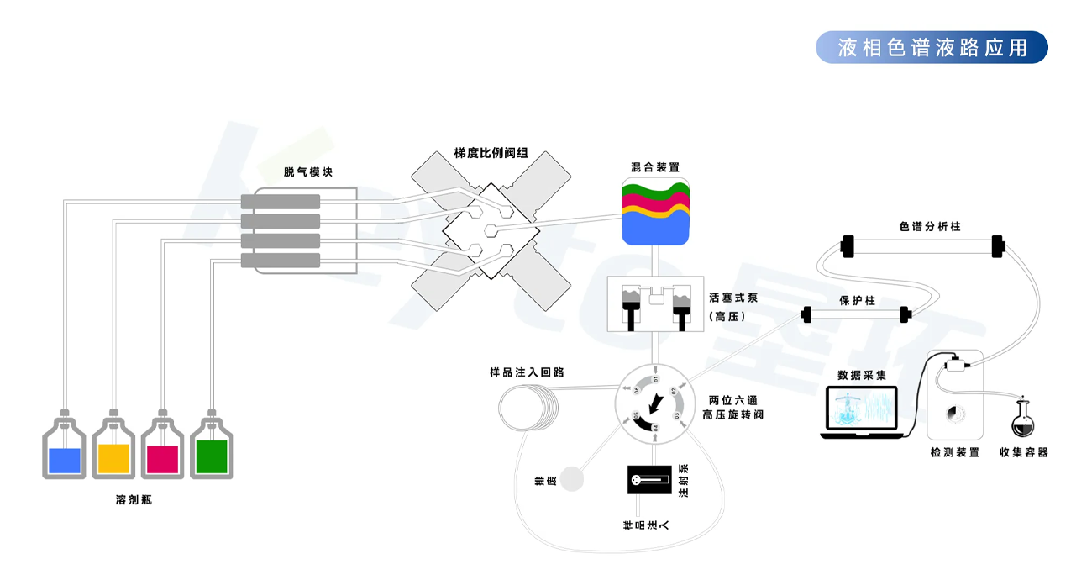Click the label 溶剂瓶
pyautogui.click(x=134, y=500)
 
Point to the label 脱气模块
pyautogui.click(x=308, y=171)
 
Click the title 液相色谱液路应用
pyautogui.click(x=932, y=47)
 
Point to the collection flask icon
pyautogui.click(x=1023, y=418)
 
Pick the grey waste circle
pyautogui.click(x=573, y=478)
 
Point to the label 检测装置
pyautogui.click(x=954, y=453)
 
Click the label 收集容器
pyautogui.click(x=1023, y=453)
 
